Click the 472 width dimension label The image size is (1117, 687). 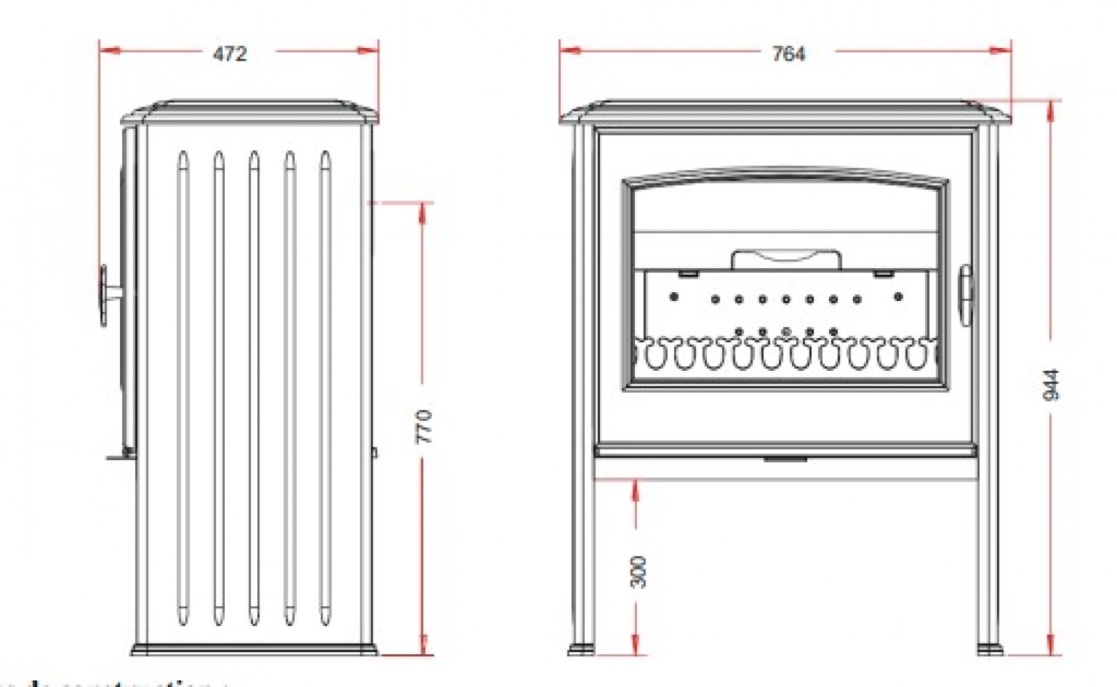[230, 53]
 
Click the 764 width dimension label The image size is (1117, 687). [788, 53]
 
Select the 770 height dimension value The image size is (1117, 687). [424, 427]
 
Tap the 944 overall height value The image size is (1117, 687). [1051, 385]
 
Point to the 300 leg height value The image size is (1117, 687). [638, 572]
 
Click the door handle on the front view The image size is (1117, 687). [965, 295]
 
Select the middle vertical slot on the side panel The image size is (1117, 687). [254, 388]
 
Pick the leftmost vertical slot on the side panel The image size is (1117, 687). [183, 388]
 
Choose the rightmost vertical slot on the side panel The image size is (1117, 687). [325, 388]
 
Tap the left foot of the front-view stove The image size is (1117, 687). [580, 649]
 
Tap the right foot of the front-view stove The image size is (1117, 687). [990, 649]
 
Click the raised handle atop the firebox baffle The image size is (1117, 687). [786, 259]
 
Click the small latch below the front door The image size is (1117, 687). [786, 460]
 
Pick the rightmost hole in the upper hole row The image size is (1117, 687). [898, 297]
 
